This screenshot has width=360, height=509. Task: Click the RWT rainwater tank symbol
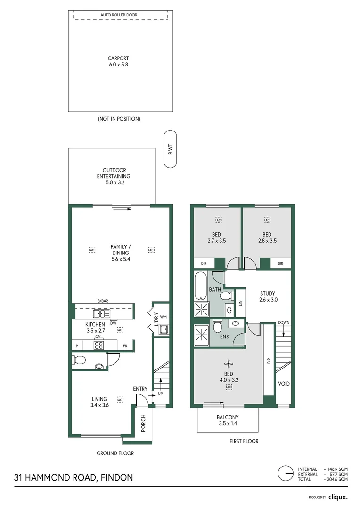[x=170, y=149]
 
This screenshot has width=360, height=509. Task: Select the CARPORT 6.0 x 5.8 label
[x=118, y=62]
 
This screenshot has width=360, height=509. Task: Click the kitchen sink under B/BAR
[x=101, y=313]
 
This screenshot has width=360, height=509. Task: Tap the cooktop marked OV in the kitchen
[x=99, y=345]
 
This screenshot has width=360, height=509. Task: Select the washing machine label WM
[x=164, y=317]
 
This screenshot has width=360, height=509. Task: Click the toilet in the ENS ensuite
[x=217, y=326]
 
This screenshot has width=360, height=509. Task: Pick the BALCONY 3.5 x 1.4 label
[x=228, y=420]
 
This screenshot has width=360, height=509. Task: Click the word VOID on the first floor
[x=284, y=384]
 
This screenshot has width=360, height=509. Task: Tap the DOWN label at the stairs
[x=284, y=323]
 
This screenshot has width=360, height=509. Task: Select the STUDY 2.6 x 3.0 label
[x=267, y=296]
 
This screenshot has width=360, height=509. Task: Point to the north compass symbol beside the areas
[x=285, y=473]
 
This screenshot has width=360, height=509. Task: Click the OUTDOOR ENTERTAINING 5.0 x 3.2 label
[x=114, y=176]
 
